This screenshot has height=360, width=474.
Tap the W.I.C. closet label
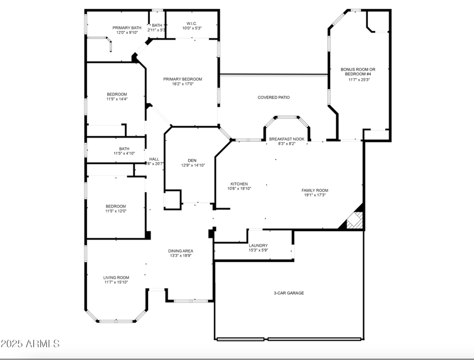(x=191, y=24)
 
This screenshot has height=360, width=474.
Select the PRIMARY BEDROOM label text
(x=182, y=79)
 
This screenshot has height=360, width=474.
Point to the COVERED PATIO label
(x=273, y=97)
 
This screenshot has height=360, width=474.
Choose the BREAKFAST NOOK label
(x=286, y=139)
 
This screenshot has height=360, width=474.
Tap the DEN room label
(x=192, y=160)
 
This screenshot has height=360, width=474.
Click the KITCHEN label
(x=239, y=184)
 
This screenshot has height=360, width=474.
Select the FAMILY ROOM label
(x=315, y=190)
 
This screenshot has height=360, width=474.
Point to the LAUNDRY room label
(x=258, y=246)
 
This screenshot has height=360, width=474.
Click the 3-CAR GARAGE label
(x=289, y=293)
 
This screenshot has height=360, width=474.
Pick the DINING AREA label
(x=181, y=251)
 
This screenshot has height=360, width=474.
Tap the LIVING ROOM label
(x=116, y=278)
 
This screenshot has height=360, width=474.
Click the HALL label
(x=154, y=159)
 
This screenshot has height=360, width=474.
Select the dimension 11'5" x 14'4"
(x=117, y=99)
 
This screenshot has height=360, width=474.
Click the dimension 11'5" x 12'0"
(x=116, y=211)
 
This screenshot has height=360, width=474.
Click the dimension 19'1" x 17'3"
(x=316, y=195)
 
